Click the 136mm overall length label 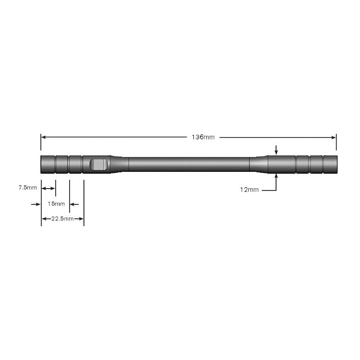point(203,137)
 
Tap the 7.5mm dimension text point(27,188)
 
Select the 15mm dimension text point(56,204)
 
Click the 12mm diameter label point(249,190)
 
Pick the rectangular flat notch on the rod point(99,164)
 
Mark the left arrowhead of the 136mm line point(43,137)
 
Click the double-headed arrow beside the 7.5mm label point(48,188)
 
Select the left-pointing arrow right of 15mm point(74,204)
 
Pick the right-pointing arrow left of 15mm point(36,204)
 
